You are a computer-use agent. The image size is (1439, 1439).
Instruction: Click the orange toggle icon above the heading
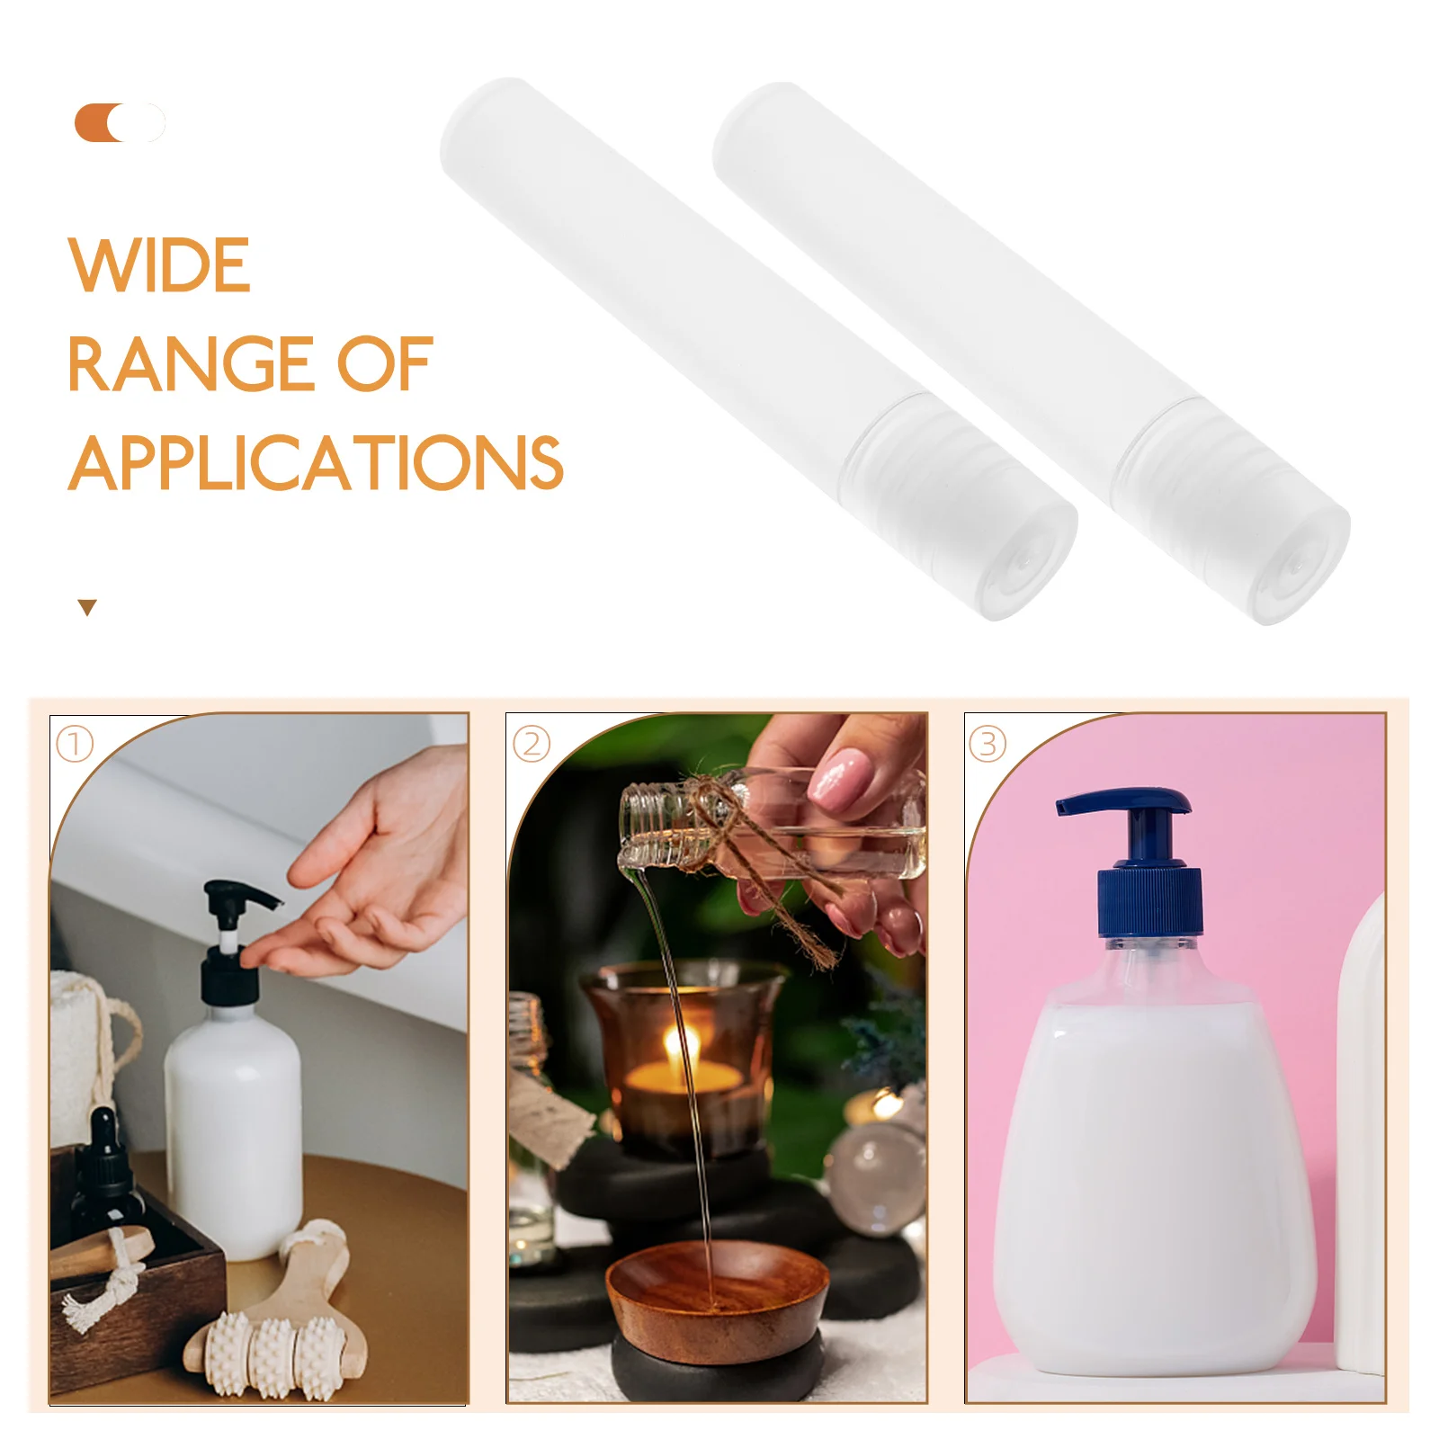pos(119,123)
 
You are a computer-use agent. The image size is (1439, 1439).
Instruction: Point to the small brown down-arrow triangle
pos(87,608)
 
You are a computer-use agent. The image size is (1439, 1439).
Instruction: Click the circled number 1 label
pos(75,744)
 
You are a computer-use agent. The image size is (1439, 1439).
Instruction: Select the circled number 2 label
pos(532,745)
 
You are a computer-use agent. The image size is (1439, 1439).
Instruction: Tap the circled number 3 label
pos(988,745)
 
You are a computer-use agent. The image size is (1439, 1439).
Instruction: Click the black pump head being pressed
pos(236,899)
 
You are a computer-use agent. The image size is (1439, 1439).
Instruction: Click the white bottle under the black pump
pos(234,1133)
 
